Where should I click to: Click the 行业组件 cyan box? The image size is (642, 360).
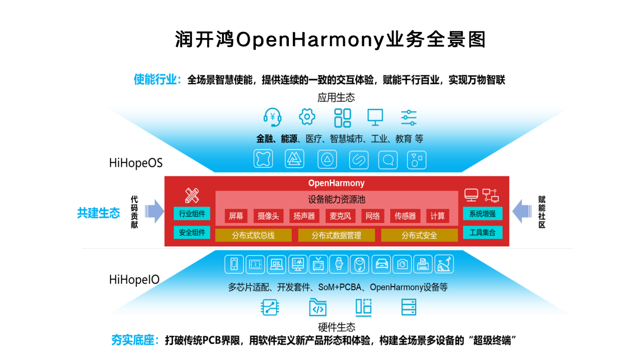point(192,213)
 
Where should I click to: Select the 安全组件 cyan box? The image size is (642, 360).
point(192,232)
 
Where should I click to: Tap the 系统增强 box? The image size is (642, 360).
point(483,213)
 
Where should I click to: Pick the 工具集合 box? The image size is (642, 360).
point(483,232)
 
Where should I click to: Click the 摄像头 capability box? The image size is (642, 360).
point(268,216)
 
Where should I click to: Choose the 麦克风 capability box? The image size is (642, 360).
point(340,216)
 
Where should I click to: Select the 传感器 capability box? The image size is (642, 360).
point(405,216)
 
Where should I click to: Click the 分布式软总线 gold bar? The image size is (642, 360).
point(253,235)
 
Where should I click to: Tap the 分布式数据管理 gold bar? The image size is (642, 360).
point(336,235)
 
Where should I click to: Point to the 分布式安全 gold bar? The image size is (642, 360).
point(420,235)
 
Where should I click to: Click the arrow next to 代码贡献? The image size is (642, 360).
point(154,211)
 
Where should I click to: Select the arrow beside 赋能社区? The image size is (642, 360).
point(522,211)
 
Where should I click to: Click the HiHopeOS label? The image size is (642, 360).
point(136,163)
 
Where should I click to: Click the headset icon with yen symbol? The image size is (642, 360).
point(272,117)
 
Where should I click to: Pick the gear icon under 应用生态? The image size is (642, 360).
point(307,117)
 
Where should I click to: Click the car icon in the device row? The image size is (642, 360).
point(382,264)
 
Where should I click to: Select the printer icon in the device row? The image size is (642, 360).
point(423,264)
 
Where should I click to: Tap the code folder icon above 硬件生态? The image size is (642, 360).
point(318,307)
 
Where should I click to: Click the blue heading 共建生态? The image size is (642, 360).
point(98,213)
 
